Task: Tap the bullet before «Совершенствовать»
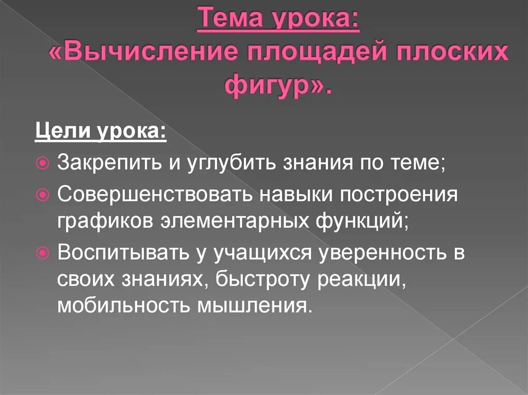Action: point(43,194)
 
